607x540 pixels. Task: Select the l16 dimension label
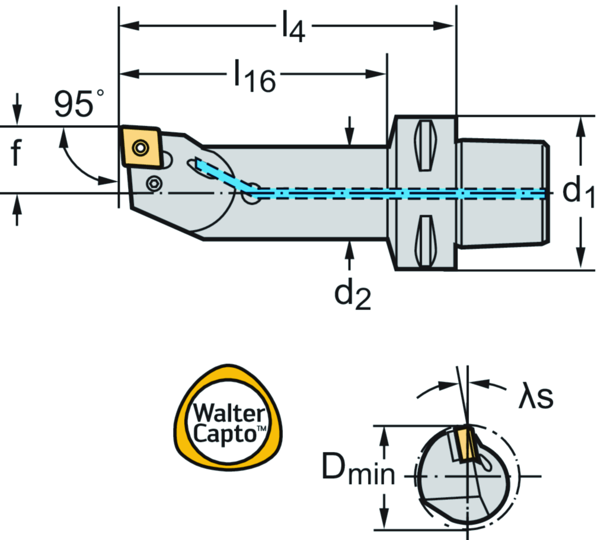[254, 77]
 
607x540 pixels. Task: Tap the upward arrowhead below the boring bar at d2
[350, 250]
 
